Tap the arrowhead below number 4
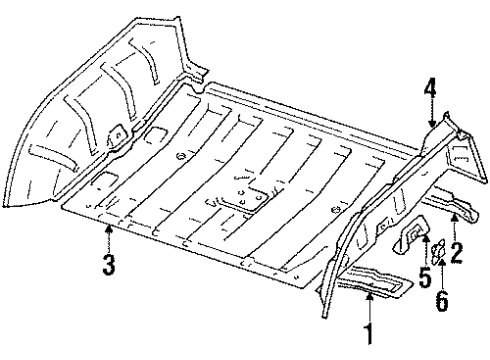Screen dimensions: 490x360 (x=431, y=125)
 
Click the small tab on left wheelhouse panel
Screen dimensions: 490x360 (x=116, y=133)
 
